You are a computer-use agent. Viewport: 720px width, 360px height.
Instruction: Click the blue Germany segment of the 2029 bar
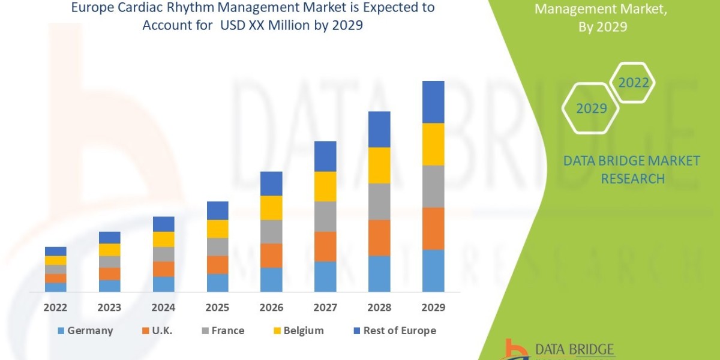(x=433, y=271)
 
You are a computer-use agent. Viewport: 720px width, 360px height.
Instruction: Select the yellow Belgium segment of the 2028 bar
(x=379, y=165)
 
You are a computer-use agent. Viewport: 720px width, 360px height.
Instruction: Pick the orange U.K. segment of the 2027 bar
(x=325, y=246)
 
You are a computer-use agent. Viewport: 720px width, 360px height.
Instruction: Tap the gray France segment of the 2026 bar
(x=271, y=231)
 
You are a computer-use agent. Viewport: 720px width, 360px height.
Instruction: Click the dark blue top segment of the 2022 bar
(x=56, y=251)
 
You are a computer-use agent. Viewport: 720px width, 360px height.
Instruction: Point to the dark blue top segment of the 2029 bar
(x=433, y=102)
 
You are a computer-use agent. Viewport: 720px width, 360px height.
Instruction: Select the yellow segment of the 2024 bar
(x=164, y=239)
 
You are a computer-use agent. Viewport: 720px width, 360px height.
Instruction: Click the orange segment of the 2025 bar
(x=218, y=265)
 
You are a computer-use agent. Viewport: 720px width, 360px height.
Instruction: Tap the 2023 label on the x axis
(x=110, y=308)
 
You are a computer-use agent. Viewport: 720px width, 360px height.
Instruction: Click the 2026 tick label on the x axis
(x=271, y=308)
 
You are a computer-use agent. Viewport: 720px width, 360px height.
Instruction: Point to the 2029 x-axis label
(x=433, y=308)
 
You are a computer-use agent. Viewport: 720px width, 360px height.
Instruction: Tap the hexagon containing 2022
(x=633, y=83)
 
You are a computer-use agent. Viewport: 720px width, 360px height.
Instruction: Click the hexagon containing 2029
(x=590, y=109)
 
